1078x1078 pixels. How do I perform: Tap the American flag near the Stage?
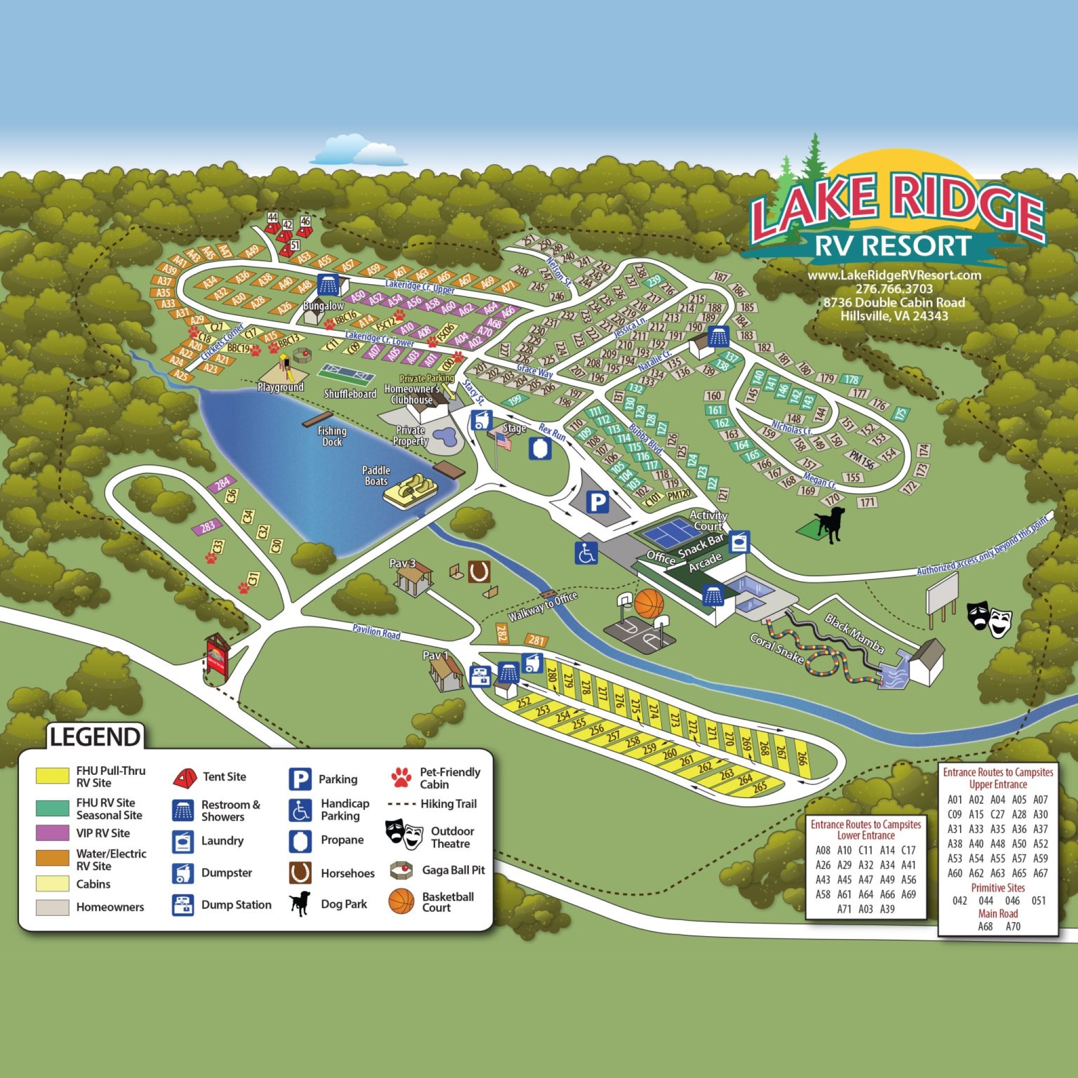pyautogui.click(x=503, y=443)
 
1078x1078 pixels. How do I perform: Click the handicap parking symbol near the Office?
pyautogui.click(x=586, y=552)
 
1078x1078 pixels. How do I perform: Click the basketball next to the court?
pyautogui.click(x=649, y=604)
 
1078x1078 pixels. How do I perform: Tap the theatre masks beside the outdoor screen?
pyautogui.click(x=989, y=619)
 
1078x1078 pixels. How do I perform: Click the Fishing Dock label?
pyautogui.click(x=332, y=436)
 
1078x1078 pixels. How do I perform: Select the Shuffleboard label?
pyautogui.click(x=350, y=394)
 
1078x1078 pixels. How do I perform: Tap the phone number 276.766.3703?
pyautogui.click(x=894, y=288)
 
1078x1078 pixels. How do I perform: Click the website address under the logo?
pyautogui.click(x=894, y=275)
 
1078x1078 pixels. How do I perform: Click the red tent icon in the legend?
pyautogui.click(x=185, y=777)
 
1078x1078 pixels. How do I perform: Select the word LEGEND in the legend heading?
pyautogui.click(x=94, y=736)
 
